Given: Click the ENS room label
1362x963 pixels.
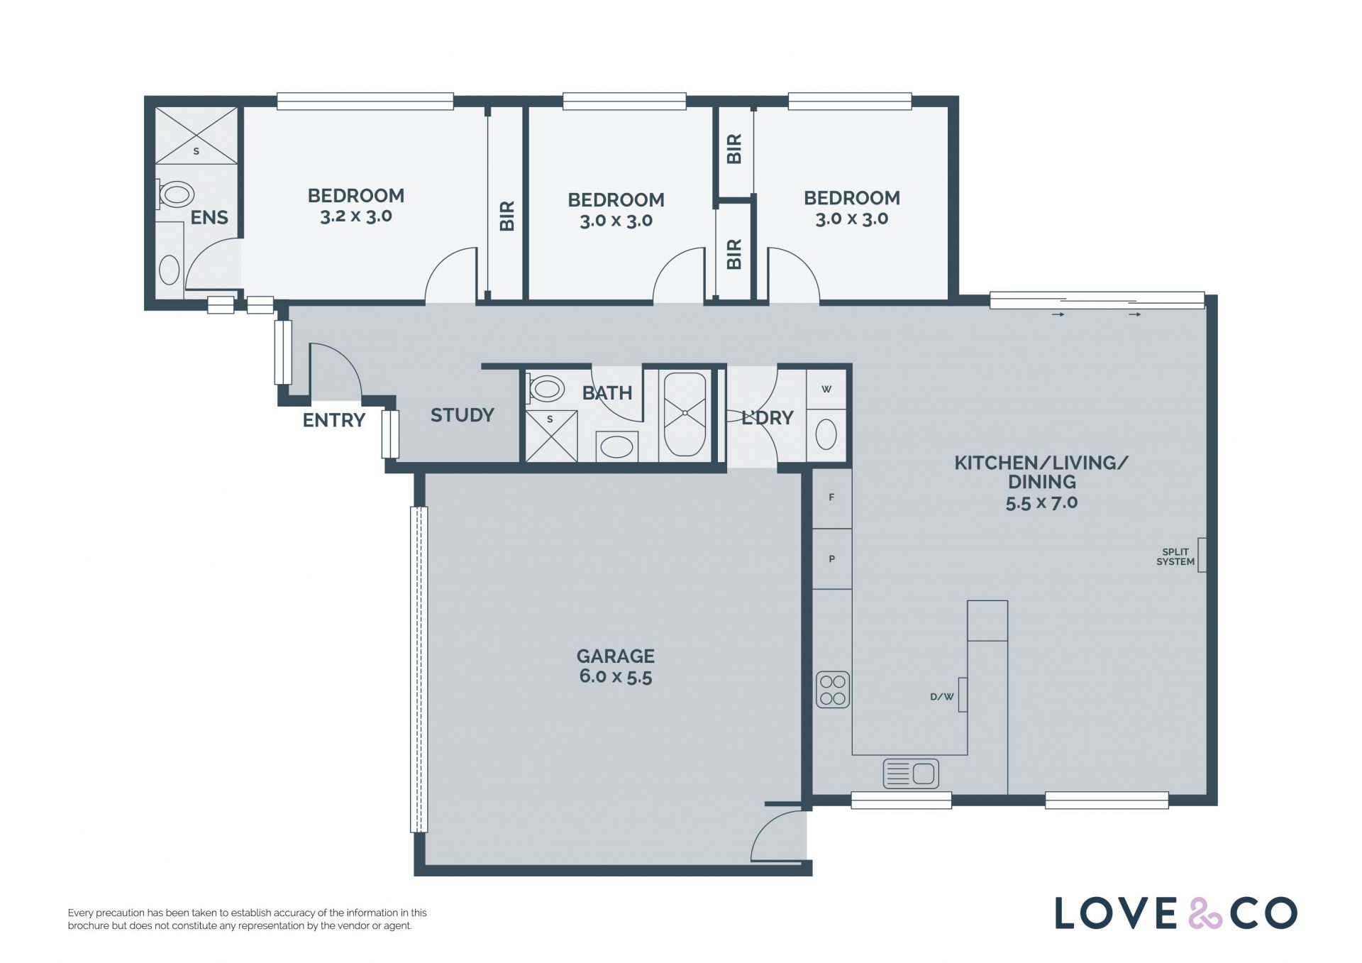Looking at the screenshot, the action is [x=209, y=217].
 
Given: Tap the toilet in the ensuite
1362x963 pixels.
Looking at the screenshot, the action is [x=175, y=194].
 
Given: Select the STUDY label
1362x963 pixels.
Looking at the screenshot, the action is [x=462, y=415].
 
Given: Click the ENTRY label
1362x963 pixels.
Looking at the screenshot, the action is [x=333, y=420].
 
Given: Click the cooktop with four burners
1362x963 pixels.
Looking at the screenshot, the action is [x=833, y=690].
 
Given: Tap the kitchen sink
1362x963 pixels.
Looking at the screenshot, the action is [x=911, y=774].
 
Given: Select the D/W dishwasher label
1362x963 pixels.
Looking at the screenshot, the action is [x=941, y=697].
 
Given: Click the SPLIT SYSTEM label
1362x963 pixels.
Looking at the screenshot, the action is [x=1175, y=557].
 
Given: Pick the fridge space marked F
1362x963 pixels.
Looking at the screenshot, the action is [x=831, y=497].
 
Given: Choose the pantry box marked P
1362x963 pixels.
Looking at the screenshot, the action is [x=831, y=558].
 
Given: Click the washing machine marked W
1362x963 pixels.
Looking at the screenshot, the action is [x=826, y=389].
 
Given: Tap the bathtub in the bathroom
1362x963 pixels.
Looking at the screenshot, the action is [x=685, y=415].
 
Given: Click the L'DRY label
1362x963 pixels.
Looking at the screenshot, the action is [x=767, y=418].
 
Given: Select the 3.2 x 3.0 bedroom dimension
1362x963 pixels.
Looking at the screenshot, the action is [x=356, y=216].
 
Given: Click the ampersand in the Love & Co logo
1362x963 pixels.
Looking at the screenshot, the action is [x=1204, y=913].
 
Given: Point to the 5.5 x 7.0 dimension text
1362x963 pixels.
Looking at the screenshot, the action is [x=1041, y=502].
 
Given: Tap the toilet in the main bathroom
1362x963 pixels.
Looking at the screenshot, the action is [x=546, y=388].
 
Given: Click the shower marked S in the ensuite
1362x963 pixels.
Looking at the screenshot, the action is [x=196, y=136].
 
